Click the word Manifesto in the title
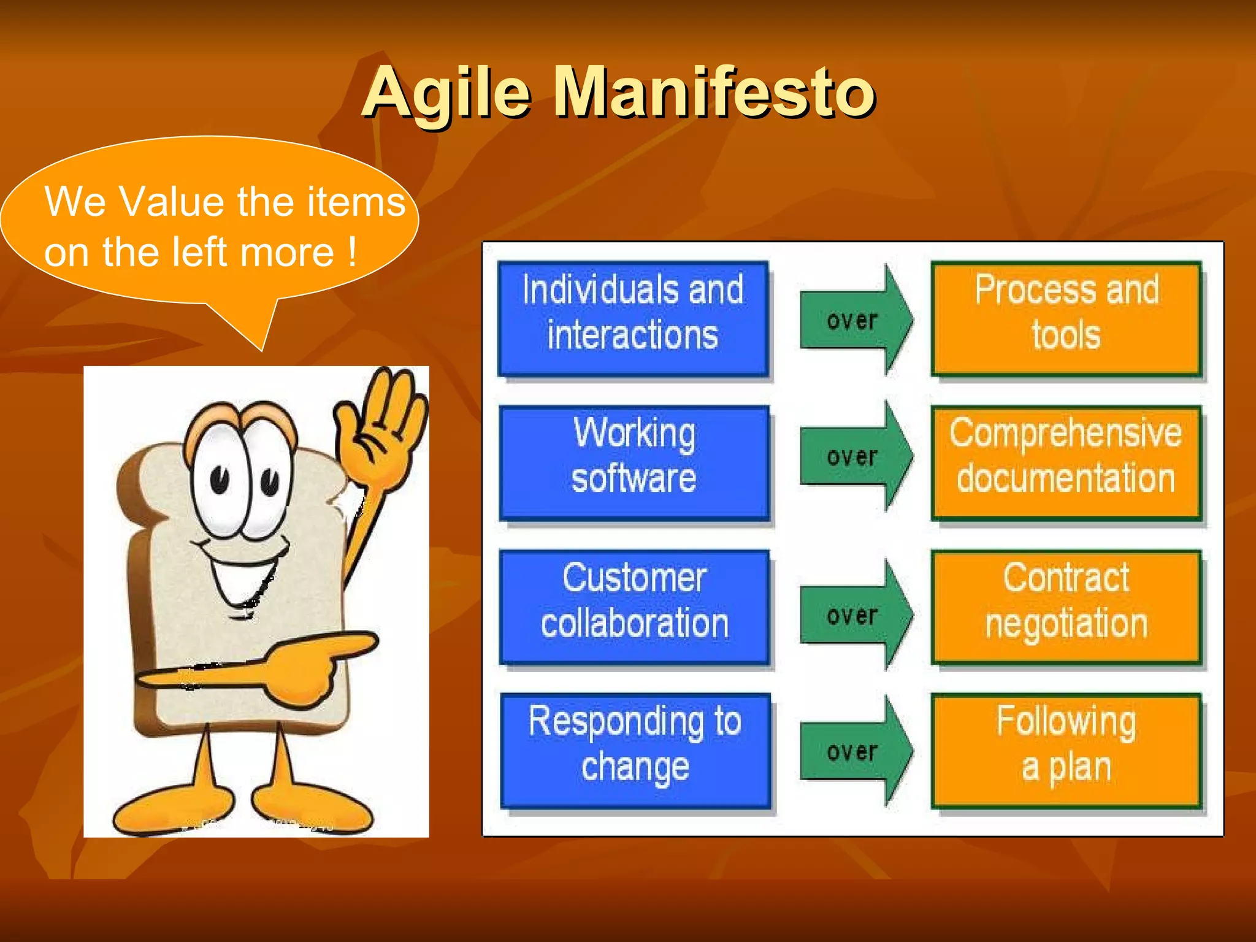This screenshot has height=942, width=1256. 714,93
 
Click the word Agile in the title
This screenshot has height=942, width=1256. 446,93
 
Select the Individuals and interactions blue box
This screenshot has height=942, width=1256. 633,318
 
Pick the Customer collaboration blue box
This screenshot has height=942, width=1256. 634,607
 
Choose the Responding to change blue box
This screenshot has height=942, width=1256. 635,750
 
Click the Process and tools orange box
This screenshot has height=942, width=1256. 1066,318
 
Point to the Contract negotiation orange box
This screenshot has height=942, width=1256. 1066,607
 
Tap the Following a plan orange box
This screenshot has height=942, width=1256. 1066,750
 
